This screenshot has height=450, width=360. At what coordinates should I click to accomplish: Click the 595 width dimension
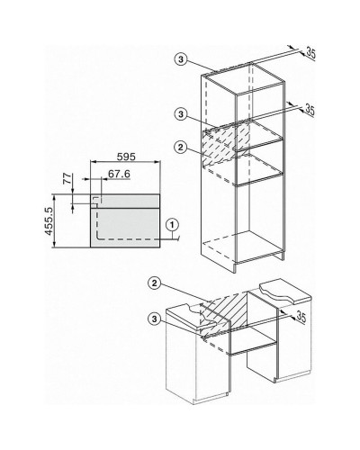[x=126, y=157]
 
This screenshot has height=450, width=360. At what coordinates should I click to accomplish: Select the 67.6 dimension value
[x=119, y=174]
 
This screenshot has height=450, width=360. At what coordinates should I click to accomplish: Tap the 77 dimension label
[x=68, y=178]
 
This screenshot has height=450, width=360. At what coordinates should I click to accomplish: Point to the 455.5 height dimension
[x=49, y=221]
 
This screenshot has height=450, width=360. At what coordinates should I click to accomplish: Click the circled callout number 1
[x=172, y=224]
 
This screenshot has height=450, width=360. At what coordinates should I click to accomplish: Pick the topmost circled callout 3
[x=181, y=59]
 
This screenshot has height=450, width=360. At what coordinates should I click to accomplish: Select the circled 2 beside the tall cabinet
[x=180, y=147]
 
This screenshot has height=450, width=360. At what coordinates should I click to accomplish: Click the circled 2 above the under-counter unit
[x=155, y=283]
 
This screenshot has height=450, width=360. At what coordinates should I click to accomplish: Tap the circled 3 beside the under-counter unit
[x=155, y=319]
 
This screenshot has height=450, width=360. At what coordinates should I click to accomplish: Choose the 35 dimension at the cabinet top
[x=310, y=53]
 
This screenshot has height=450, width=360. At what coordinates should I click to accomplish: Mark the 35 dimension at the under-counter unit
[x=301, y=317]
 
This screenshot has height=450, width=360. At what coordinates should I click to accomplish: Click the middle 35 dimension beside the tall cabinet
[x=310, y=110]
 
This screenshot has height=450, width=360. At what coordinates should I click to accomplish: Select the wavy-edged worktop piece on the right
[x=285, y=292]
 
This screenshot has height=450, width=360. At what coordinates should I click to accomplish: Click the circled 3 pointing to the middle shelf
[x=181, y=114]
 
